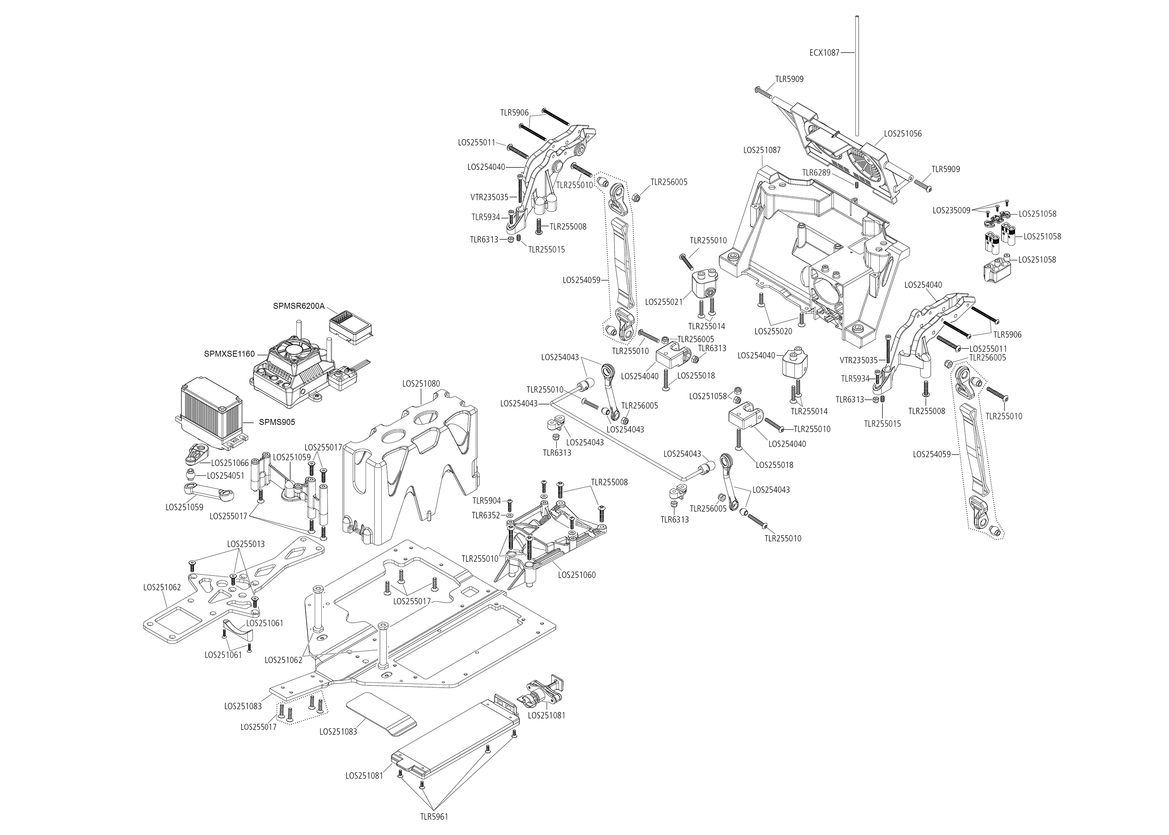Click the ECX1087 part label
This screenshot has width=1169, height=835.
824,52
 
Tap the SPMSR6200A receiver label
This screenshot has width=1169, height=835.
299,306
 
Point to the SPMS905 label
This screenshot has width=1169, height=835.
278,422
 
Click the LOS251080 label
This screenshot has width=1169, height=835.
421,384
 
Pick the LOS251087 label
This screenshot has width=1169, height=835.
762,151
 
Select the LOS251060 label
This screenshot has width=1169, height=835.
577,575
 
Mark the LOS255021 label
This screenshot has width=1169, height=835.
664,302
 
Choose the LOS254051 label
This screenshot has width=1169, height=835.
226,476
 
